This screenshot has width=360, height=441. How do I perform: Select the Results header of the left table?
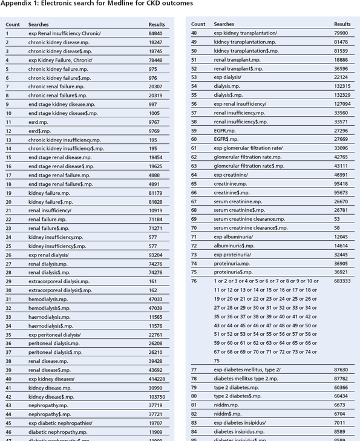(157, 25)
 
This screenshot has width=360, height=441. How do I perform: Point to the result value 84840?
(155, 33)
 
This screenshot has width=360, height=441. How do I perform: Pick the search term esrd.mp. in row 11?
(38, 122)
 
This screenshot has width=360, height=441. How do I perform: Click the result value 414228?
(155, 379)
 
